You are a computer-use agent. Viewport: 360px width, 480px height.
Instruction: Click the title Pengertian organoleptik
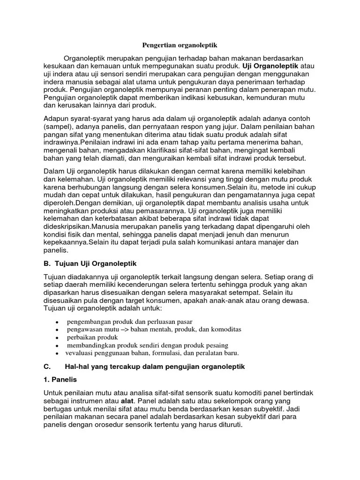tap(180, 46)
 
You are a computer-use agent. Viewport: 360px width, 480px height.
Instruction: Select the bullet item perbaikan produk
tap(92, 337)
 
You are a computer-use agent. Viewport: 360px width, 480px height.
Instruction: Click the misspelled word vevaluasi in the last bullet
tap(81, 352)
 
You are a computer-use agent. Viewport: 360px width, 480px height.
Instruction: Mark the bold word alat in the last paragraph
tap(127, 401)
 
